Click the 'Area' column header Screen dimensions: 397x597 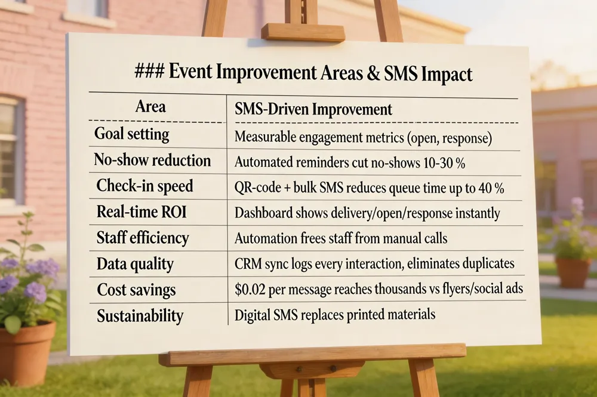150,107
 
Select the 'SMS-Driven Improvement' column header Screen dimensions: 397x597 313,110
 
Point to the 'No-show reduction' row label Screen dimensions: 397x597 152,160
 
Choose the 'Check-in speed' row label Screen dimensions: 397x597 145,187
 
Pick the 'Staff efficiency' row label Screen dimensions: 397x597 143,238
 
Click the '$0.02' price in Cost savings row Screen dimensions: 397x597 249,290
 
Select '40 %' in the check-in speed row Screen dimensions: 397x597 490,188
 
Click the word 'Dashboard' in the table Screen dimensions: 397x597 263,213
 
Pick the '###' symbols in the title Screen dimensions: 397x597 150,74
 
